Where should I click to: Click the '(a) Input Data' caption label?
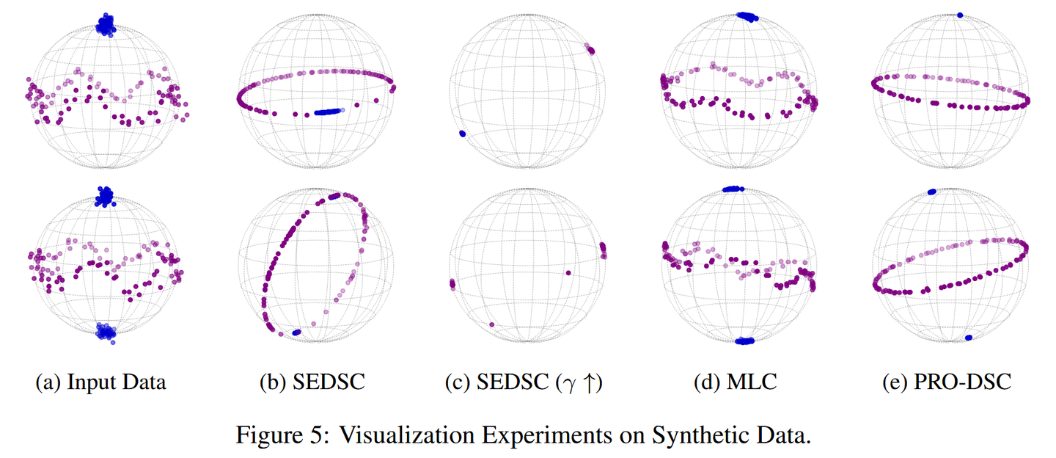tap(101, 382)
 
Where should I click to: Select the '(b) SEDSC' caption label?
tap(312, 382)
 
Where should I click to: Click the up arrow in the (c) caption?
tap(590, 382)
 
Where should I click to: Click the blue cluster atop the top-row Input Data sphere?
tap(107, 26)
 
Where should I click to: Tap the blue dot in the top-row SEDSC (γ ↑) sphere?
tap(462, 134)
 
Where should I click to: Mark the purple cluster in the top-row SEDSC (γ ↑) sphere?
tap(590, 50)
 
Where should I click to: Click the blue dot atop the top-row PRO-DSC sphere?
tap(961, 15)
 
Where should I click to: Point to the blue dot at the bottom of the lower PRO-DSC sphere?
tap(969, 338)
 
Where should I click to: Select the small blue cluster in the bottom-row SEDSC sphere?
tap(296, 332)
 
